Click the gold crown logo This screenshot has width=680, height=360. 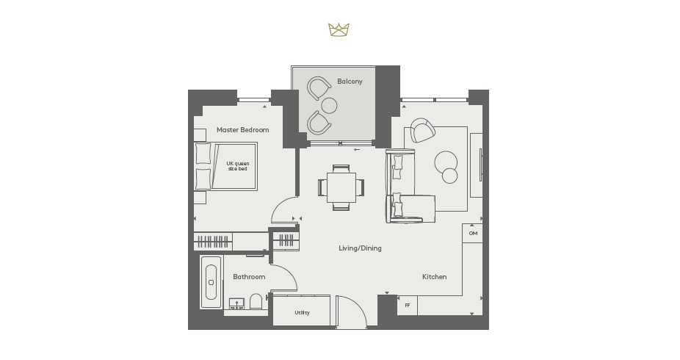click(x=339, y=30)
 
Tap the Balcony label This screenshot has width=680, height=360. click(x=350, y=82)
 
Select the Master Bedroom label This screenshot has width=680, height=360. click(x=242, y=130)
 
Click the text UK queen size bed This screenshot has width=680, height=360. click(x=238, y=166)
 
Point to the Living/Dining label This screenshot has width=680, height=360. click(x=360, y=248)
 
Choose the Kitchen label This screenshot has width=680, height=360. click(x=434, y=277)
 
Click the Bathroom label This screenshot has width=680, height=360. click(x=249, y=277)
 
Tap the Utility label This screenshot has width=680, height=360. click(x=302, y=313)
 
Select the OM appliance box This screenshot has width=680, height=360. click(x=473, y=234)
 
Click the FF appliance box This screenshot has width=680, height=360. click(x=408, y=306)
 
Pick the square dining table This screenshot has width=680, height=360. click(x=341, y=187)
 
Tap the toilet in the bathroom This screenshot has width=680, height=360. click(x=256, y=302)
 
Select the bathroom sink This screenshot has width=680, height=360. click(x=236, y=303)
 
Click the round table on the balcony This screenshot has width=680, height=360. click(x=329, y=105)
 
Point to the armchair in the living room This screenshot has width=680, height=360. click(x=422, y=131)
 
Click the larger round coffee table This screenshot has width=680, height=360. click(x=446, y=162)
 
